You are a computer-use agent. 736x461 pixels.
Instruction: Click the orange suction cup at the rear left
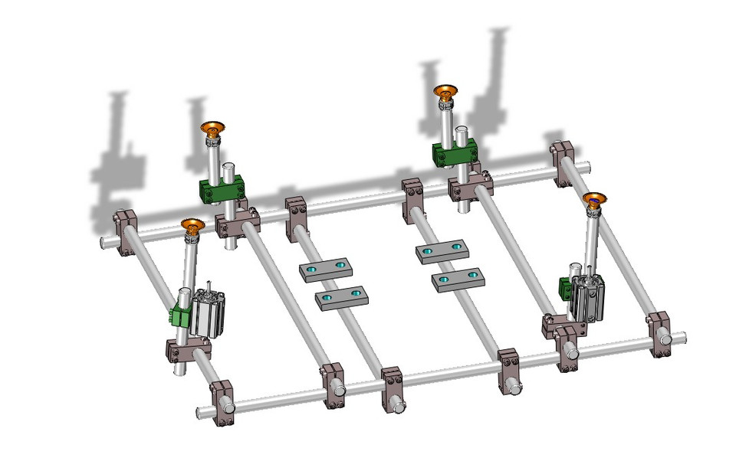click(x=212, y=129)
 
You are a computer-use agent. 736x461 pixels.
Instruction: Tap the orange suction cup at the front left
click(x=192, y=225)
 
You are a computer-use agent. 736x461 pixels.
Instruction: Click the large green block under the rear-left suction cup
click(x=223, y=189)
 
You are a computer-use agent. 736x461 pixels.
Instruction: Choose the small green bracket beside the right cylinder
click(x=566, y=289)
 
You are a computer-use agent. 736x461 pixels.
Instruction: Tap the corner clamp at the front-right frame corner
click(x=660, y=332)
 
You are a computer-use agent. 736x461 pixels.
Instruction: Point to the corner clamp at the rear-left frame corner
click(x=125, y=225)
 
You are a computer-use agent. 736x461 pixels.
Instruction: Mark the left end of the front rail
click(x=201, y=412)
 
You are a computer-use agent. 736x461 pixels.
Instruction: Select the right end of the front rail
click(x=681, y=335)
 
